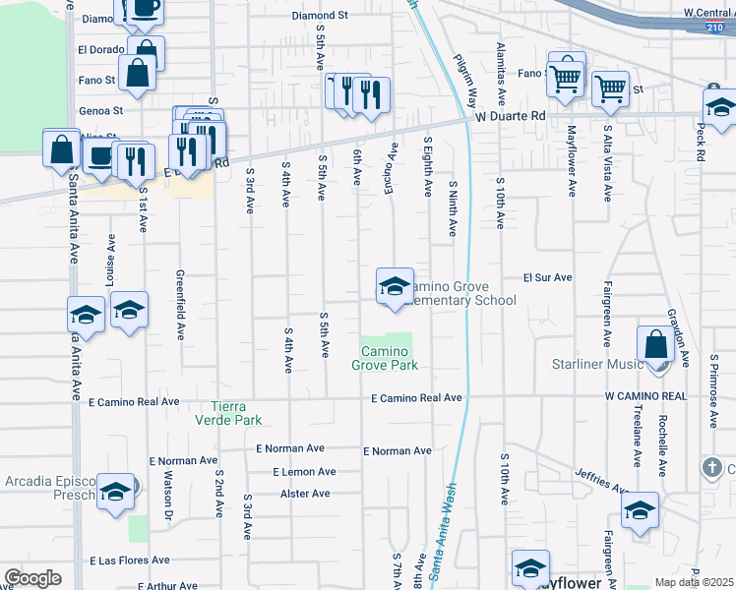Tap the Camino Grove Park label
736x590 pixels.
pyautogui.click(x=385, y=358)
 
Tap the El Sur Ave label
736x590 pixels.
pyautogui.click(x=547, y=278)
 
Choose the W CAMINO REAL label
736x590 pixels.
pyautogui.click(x=644, y=395)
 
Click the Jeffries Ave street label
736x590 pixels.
pyautogui.click(x=602, y=481)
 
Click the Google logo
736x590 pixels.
pyautogui.click(x=32, y=578)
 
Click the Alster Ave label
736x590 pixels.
pyautogui.click(x=308, y=494)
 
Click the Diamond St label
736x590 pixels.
pyautogui.click(x=321, y=16)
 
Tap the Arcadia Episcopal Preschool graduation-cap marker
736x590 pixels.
pyautogui.click(x=115, y=491)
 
